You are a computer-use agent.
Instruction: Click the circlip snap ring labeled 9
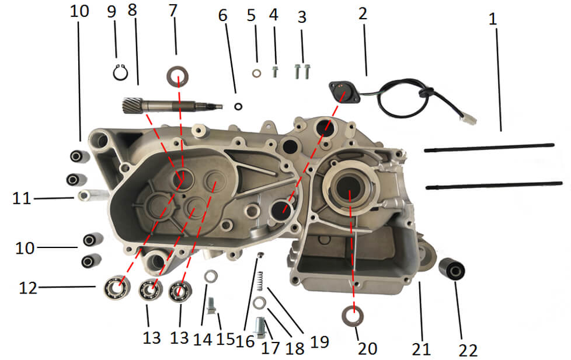pyautogui.click(x=120, y=72)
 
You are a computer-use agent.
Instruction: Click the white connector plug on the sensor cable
pyautogui.click(x=469, y=118)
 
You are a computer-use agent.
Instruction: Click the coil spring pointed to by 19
pyautogui.click(x=261, y=279)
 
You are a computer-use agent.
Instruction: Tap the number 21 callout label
pyautogui.click(x=420, y=349)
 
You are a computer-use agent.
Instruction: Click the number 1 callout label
pyautogui.click(x=493, y=18)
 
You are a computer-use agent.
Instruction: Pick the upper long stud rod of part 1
pyautogui.click(x=489, y=148)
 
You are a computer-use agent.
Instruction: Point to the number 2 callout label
pyautogui.click(x=363, y=13)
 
